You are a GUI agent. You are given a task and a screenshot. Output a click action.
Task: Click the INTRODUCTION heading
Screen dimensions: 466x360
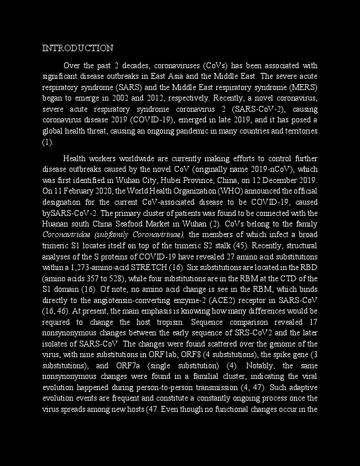(x=78, y=48)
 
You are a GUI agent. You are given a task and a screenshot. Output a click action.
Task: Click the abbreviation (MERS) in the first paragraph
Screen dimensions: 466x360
(x=305, y=87)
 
